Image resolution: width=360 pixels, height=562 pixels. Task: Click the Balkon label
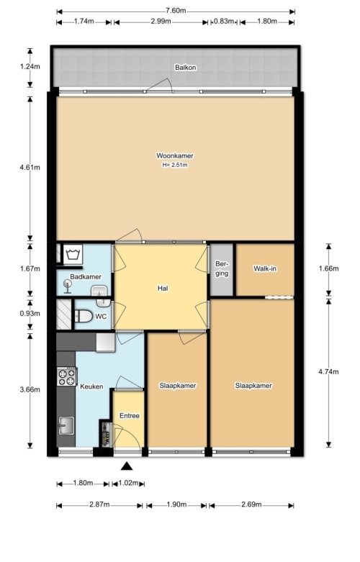[185, 68]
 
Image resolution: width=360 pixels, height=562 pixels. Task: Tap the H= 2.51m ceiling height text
[175, 166]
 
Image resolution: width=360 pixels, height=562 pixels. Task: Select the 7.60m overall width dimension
[176, 11]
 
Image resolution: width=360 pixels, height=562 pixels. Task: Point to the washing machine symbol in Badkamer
[73, 255]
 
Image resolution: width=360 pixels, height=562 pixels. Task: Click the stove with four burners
[67, 376]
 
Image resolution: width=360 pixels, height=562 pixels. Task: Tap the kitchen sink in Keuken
[66, 425]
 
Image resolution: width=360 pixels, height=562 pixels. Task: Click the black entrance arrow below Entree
[127, 466]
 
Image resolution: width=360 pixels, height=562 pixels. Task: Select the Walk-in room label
[265, 268]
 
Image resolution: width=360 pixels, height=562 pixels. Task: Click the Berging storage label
[222, 268]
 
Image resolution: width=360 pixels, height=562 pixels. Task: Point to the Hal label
[163, 288]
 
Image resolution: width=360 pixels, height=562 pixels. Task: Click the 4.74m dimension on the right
[328, 372]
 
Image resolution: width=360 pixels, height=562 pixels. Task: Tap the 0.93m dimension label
[30, 313]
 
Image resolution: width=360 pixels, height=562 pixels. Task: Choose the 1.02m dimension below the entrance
[128, 483]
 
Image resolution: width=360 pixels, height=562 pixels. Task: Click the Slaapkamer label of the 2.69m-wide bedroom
[253, 386]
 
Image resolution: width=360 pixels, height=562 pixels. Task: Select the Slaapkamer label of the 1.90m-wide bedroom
[178, 386]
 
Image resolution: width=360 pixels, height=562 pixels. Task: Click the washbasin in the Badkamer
[99, 291]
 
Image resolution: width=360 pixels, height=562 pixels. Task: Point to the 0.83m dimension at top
[224, 22]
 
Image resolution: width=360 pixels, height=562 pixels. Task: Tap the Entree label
[130, 416]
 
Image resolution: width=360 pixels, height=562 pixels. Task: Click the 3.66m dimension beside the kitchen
[30, 389]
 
